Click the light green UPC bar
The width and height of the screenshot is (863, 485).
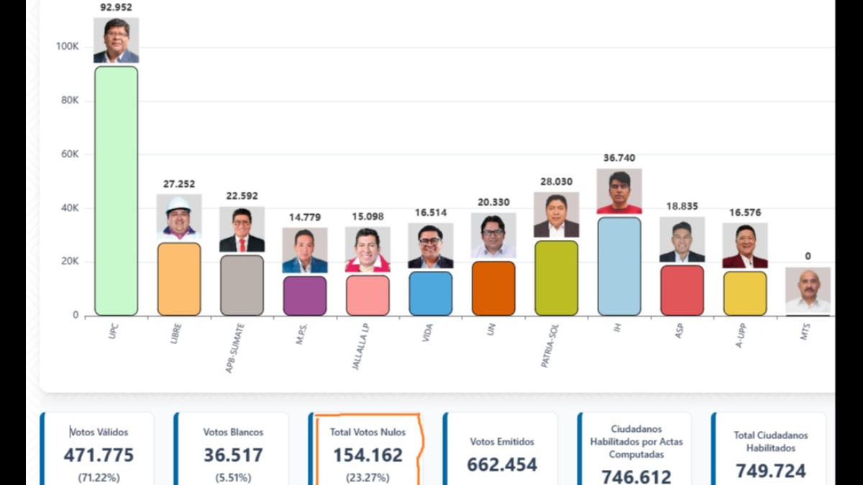tap(116, 191)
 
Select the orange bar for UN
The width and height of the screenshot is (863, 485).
tap(493, 289)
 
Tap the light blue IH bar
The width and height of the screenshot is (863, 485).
tap(619, 267)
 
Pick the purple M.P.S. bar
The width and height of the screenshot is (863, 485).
tap(305, 296)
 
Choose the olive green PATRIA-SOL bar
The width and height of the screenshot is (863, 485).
tap(557, 278)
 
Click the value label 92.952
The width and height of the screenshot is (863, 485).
tap(116, 7)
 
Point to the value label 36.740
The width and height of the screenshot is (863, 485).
tap(619, 158)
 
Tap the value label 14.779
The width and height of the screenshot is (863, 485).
tap(305, 218)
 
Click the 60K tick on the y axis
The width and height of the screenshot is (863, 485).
tap(70, 154)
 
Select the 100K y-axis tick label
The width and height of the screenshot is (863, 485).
tap(68, 47)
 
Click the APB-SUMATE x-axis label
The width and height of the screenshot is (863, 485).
tap(234, 348)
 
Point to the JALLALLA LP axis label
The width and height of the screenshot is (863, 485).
tap(360, 346)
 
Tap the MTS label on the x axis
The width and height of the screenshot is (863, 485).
tap(805, 331)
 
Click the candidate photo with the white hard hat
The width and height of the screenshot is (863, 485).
tap(179, 217)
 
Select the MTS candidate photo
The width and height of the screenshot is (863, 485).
tap(808, 290)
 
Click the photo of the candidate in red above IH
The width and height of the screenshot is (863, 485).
tap(619, 191)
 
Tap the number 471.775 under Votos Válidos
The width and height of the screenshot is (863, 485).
tap(99, 455)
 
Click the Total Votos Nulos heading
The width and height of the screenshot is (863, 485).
tap(367, 433)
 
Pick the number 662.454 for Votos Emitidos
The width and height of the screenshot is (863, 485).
tap(502, 465)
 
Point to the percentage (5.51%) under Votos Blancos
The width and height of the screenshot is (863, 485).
tap(233, 478)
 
